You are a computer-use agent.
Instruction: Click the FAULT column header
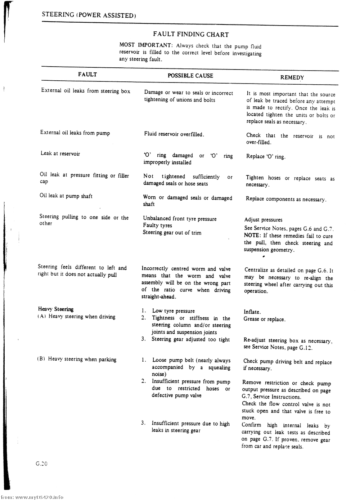pos(87,75)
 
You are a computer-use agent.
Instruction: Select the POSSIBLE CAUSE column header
pos(190,76)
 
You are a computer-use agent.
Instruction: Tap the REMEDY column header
pos(292,77)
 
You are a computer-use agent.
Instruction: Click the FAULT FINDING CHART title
pos(191,35)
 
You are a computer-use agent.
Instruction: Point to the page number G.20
pos(42,463)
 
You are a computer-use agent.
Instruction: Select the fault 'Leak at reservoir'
pos(60,153)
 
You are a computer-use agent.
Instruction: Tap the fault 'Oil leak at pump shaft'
pos(66,196)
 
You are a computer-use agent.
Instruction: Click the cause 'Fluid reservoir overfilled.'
pos(174,134)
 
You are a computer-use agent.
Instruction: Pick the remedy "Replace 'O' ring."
pos(266,157)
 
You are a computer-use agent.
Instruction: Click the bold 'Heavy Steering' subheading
pos(56,309)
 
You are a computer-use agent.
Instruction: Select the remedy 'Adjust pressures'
pos(263,220)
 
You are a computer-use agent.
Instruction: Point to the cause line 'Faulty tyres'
pos(157,226)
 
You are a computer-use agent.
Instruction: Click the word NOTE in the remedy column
pos(252,236)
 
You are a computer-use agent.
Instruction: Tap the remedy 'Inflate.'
pos(252,312)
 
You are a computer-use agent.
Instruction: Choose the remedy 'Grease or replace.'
pos(264,319)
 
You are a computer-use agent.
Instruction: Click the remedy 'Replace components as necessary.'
pos(286,199)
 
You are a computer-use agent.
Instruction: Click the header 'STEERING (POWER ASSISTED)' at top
pos(89,15)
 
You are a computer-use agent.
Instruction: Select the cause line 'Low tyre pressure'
pos(173,311)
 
